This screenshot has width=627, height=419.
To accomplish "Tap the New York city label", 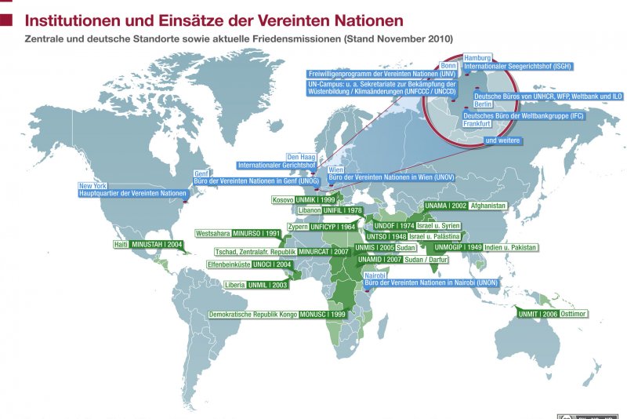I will click(92, 186).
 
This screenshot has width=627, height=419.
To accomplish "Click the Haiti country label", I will click(121, 245).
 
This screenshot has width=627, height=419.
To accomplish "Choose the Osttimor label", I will click(574, 313).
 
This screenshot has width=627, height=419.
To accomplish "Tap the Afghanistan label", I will click(488, 206).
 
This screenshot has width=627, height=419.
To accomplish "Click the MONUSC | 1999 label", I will click(322, 315).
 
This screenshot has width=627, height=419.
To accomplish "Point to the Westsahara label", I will click(213, 233).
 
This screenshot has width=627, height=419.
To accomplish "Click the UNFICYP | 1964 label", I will click(333, 227).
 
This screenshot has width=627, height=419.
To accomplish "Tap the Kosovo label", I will click(283, 200).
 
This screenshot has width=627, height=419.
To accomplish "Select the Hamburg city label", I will click(477, 58).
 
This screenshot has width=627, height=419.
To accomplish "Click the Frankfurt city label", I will click(477, 124).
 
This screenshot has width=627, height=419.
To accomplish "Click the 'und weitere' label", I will click(502, 140).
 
